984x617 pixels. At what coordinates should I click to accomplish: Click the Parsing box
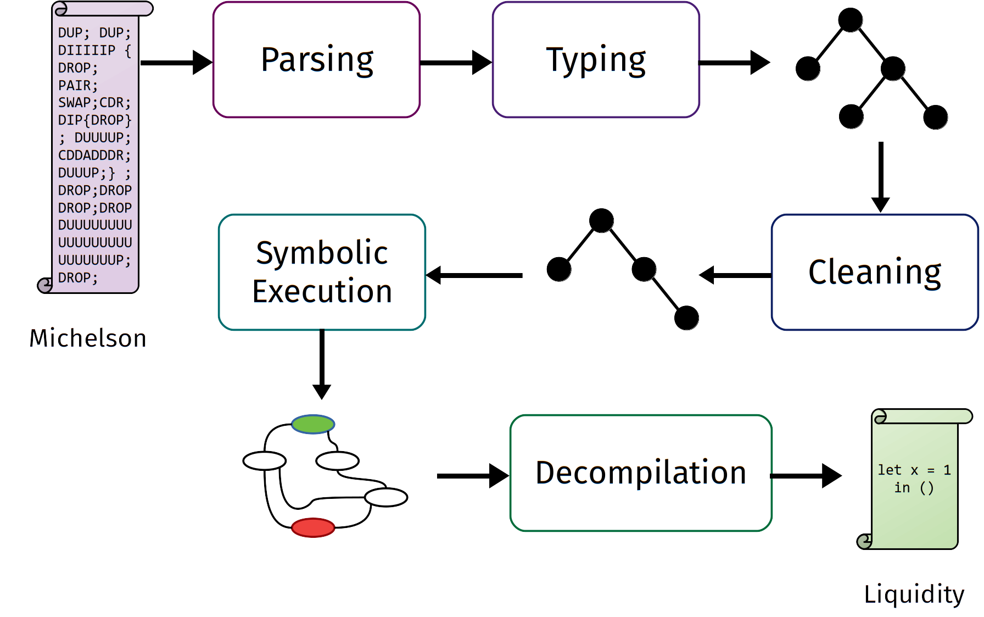coord(316,59)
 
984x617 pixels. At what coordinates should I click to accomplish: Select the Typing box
coord(596,59)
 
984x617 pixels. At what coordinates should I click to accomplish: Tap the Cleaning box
coord(874,272)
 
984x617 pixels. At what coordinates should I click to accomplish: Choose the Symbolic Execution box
coord(322,272)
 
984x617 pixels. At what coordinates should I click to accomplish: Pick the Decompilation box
coord(641,473)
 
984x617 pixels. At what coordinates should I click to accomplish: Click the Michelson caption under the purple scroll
coord(88,338)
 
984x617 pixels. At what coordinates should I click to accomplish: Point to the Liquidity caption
coord(914,594)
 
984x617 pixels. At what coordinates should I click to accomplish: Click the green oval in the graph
coord(313,424)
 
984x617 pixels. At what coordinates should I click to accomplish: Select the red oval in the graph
coord(313,527)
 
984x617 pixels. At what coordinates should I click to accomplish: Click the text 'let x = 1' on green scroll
coord(914,470)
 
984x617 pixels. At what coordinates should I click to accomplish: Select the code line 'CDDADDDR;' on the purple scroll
coord(94,155)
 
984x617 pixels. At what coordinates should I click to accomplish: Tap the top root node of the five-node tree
coord(851,20)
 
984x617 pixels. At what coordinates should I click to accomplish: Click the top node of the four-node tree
coord(601,221)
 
